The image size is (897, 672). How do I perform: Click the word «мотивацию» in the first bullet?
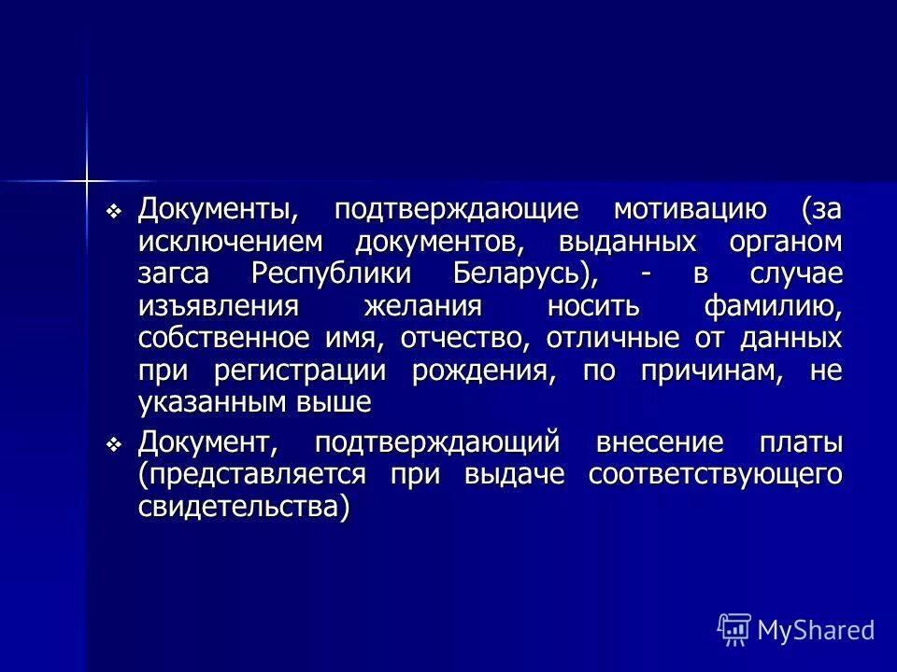point(691,209)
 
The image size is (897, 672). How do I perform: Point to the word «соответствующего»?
point(715,474)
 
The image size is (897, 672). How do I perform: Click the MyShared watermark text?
point(816,630)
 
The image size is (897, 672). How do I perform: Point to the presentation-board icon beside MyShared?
point(734,630)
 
